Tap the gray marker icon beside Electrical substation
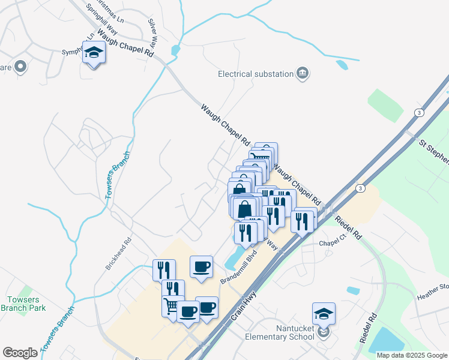(303, 74)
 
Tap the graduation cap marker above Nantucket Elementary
(324, 313)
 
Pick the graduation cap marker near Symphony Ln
(93, 53)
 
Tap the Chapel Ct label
(333, 244)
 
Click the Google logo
(20, 353)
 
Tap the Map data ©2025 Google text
(412, 355)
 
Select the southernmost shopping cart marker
(173, 307)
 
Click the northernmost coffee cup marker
(201, 266)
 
